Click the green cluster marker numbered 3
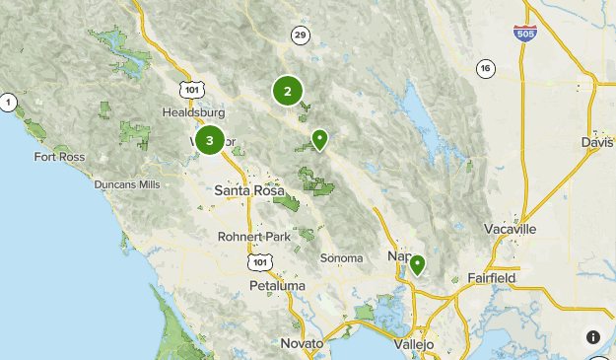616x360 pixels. coord(210,141)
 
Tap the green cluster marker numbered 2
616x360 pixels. coord(288,92)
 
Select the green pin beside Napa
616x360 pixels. coord(418,264)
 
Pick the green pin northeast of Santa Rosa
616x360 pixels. coord(319,139)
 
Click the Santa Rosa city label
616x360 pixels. coord(247,190)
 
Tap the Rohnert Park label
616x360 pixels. coord(254,237)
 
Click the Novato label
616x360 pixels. coord(302,342)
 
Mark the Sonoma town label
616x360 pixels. coord(342,257)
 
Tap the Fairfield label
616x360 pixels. coord(492,278)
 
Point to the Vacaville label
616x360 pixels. coord(511,229)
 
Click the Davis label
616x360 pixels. coord(597,143)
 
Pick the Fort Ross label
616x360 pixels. coord(59,157)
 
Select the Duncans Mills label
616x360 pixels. coord(127,184)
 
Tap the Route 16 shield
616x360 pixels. coord(484,68)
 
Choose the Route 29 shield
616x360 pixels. coord(300,36)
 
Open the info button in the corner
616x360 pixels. coord(593,337)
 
